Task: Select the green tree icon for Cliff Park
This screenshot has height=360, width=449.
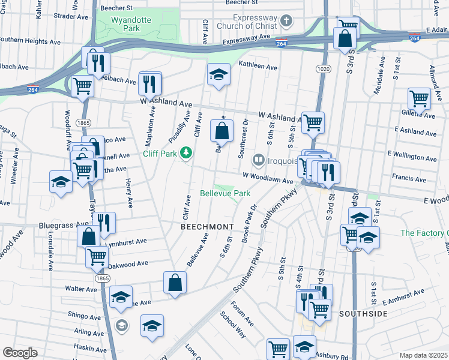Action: coord(187,153)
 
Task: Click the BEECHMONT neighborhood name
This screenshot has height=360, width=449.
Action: coord(207,226)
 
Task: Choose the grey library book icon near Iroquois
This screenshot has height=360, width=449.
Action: coord(259,160)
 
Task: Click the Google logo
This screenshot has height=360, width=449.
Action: coord(20,352)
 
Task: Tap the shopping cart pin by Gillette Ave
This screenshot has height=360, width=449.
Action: coord(419,98)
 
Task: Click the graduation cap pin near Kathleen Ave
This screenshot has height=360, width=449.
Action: coord(218,74)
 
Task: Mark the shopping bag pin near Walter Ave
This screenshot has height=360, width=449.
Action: coord(175,283)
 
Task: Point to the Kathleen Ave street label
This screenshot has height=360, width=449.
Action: coord(258,67)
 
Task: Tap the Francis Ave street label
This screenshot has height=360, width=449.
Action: coord(408,178)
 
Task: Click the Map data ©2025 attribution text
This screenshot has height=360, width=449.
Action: coord(423,355)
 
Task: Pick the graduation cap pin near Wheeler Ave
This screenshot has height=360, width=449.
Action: coord(60,181)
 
